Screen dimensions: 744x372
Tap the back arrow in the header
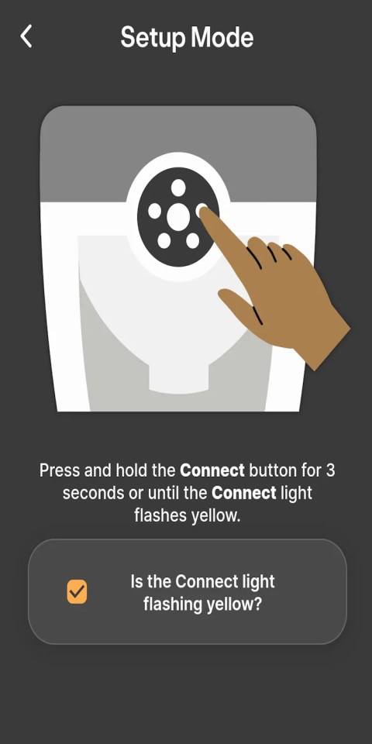pos(26,36)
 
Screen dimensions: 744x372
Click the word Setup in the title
pos(151,36)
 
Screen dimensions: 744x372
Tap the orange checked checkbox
pos(77,592)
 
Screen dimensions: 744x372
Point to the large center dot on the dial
pos(178,216)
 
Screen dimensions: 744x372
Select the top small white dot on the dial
pos(178,187)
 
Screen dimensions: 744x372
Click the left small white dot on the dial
pos(154,211)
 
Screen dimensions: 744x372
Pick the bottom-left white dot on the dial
pos(164,241)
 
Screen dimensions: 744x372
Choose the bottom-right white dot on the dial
pos(192,241)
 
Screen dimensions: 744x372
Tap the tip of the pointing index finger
pos(206,214)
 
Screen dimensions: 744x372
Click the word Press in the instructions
pos(59,470)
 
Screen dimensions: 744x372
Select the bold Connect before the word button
pos(212,470)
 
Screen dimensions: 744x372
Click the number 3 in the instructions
pos(330,470)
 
